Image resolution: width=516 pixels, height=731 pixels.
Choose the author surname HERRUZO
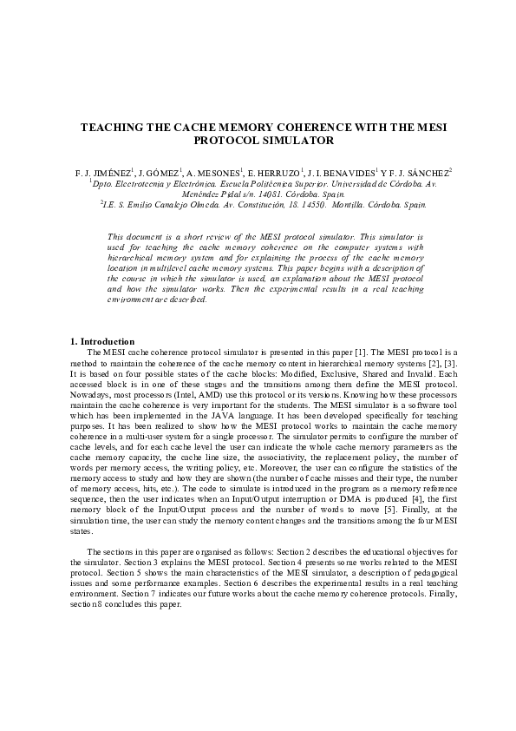[x=275, y=173]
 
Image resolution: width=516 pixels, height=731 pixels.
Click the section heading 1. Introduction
[x=101, y=341]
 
